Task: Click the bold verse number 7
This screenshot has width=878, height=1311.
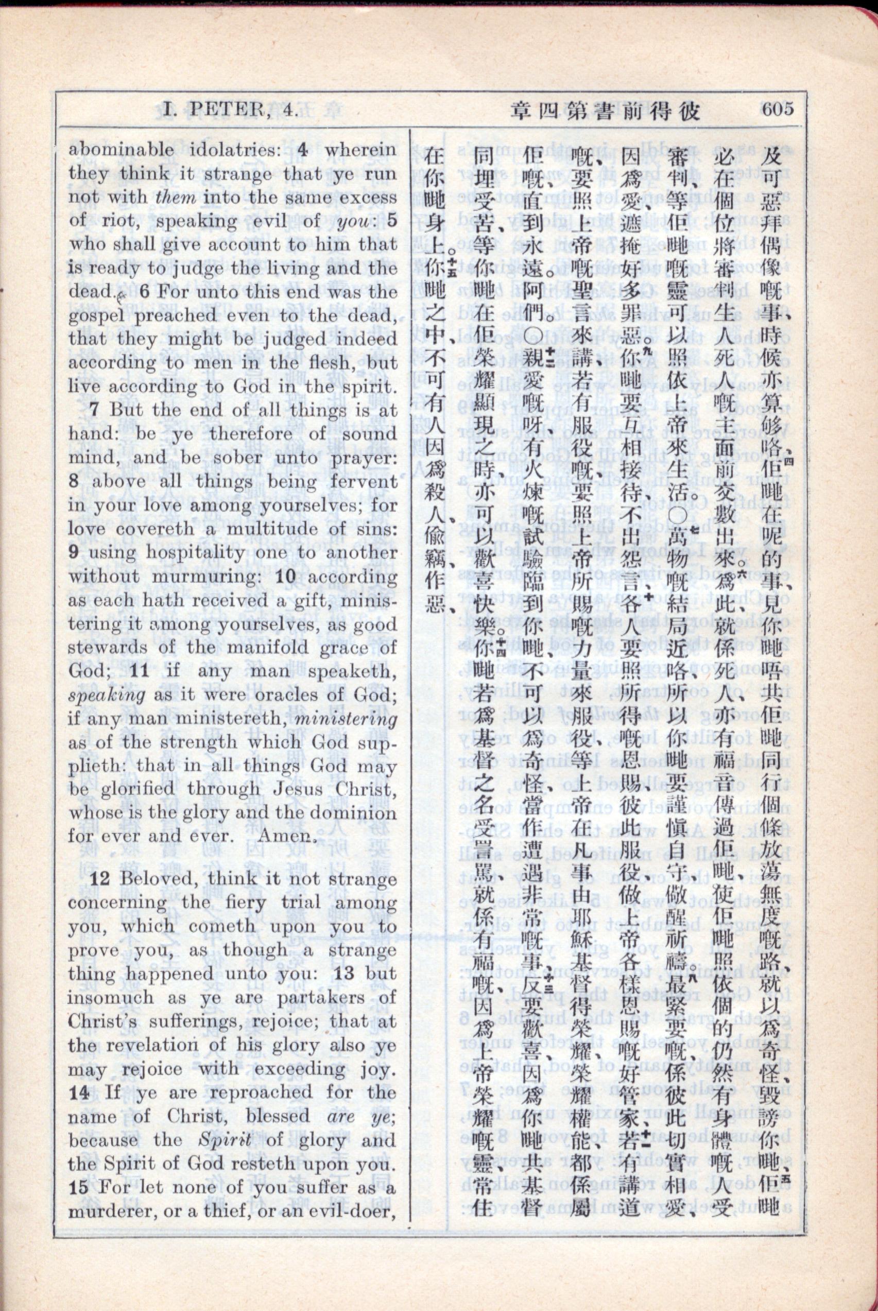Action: click(x=94, y=409)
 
